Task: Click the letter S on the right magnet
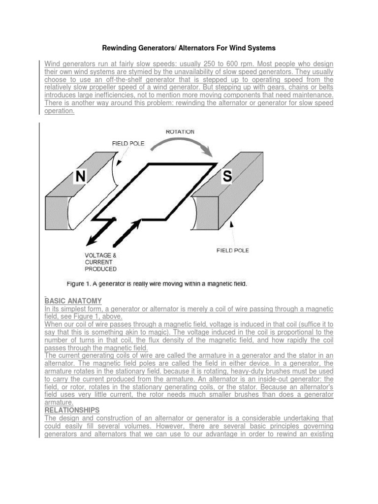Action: (x=226, y=176)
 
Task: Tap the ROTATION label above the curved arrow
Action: (x=179, y=131)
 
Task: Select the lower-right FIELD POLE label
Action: (x=233, y=251)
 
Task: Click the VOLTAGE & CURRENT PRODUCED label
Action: (x=101, y=262)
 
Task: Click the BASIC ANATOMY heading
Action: (x=73, y=301)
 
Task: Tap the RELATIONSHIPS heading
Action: (x=72, y=410)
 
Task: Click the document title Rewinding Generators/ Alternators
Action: (x=189, y=48)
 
